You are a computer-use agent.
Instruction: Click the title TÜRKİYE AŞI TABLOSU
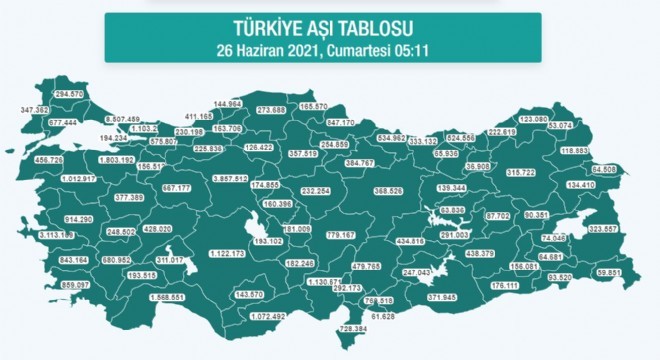tap(331, 29)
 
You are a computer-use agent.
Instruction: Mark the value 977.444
tap(56, 122)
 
